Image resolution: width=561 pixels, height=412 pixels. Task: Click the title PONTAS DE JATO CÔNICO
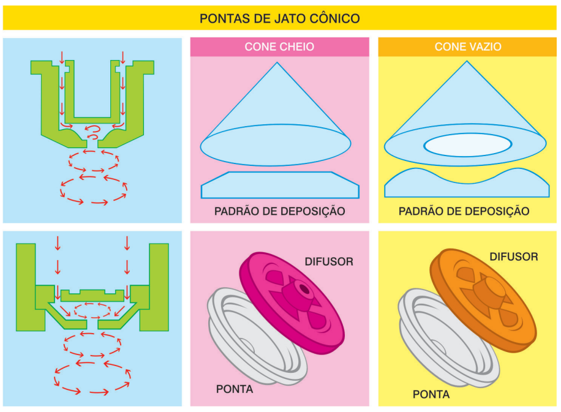(280, 18)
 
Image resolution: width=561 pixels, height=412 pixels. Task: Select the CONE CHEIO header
(279, 47)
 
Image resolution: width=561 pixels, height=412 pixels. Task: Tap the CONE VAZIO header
(468, 47)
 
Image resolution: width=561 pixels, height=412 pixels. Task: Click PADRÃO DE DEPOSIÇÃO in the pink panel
(280, 212)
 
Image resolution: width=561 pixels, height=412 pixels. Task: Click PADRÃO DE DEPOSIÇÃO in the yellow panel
(464, 212)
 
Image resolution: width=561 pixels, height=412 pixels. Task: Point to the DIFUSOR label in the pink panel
(329, 261)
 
